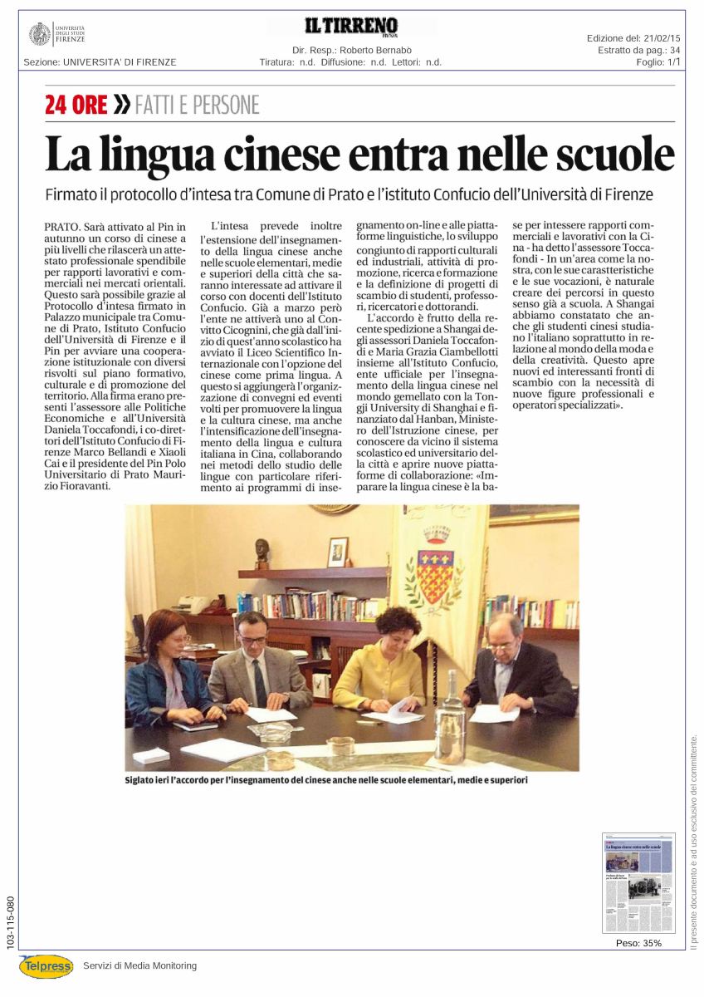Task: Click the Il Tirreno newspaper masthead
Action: click(352, 27)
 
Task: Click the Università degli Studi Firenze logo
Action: click(56, 34)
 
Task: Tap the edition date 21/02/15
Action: click(661, 39)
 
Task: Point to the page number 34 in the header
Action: click(675, 51)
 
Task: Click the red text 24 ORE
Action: click(76, 105)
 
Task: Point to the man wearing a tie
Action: click(253, 665)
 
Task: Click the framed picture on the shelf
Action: click(337, 552)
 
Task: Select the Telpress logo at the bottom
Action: click(46, 965)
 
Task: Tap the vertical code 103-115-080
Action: click(9, 922)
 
